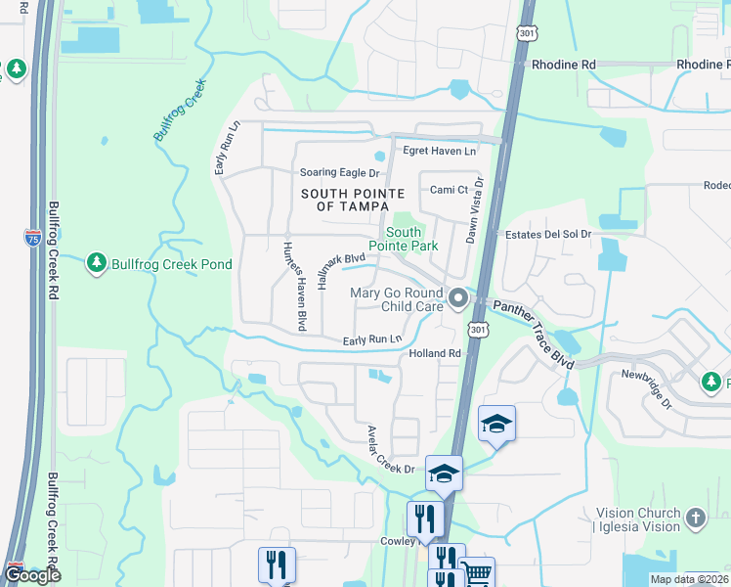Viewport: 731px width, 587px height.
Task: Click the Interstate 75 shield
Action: coord(31,237)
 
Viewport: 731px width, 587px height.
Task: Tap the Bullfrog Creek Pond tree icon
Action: coord(96,263)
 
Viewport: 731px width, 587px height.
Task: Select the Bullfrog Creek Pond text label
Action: coord(171,264)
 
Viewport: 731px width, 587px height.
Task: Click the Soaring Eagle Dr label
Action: coord(339,172)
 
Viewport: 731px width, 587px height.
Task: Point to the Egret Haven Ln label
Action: coord(440,151)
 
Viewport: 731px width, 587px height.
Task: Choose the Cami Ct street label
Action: coord(443,190)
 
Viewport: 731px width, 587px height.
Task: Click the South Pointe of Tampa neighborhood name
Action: coord(352,201)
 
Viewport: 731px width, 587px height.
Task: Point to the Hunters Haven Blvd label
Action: coord(294,285)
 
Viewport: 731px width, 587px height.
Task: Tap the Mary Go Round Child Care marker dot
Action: coord(457,294)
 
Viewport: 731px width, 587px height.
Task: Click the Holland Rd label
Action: coord(435,353)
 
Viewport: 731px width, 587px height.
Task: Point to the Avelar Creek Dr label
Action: coord(391,450)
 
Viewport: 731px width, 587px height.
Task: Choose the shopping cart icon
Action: coord(477,573)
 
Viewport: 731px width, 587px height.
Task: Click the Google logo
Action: coord(32,575)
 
